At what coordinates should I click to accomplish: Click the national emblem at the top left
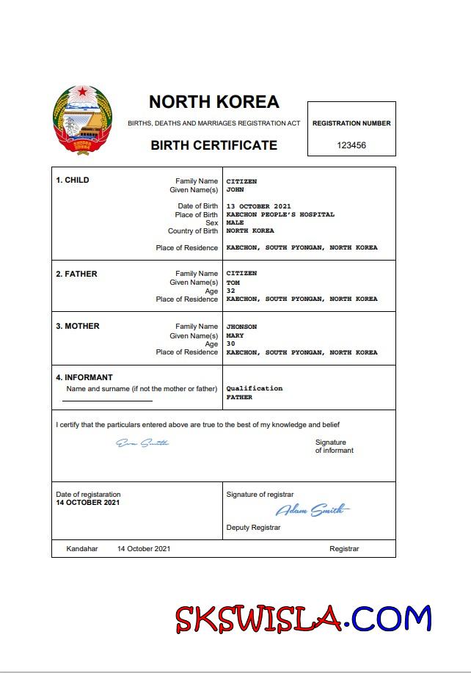point(83,120)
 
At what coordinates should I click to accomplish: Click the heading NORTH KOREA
point(213,102)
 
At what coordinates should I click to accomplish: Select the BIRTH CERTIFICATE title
point(213,145)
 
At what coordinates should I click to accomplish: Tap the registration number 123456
point(351,145)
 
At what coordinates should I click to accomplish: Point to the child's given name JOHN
point(235,189)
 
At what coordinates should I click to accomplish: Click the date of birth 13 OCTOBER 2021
point(259,206)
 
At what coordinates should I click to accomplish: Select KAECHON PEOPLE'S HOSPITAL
point(280,214)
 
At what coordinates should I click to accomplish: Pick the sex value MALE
point(235,222)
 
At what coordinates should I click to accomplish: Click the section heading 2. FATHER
point(76,274)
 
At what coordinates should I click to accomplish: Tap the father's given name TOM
point(233,283)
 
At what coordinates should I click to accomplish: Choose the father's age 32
point(231,291)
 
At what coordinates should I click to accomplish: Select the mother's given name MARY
point(235,335)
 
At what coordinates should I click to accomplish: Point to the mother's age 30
point(231,343)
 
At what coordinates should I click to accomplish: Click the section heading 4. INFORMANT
point(84,378)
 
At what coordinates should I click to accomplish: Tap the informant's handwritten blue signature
point(142,443)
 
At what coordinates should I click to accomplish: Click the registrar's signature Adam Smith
point(313,510)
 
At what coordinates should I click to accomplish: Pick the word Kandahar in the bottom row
point(81,548)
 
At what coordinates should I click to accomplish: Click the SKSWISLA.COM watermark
point(303,619)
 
